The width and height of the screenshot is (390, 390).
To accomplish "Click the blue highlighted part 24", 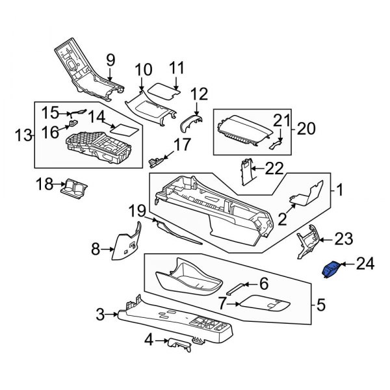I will pyautogui.click(x=331, y=268).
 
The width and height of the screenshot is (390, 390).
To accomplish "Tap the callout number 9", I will pyautogui.click(x=110, y=59).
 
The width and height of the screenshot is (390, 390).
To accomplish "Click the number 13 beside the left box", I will pyautogui.click(x=23, y=135).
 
